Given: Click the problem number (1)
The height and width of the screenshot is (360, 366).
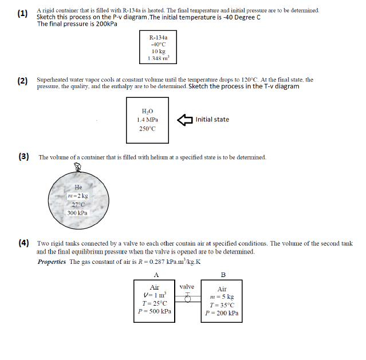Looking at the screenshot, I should click(22, 14).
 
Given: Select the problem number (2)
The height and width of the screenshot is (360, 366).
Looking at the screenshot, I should click(22, 81).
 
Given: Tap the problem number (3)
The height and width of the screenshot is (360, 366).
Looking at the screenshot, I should click(24, 157).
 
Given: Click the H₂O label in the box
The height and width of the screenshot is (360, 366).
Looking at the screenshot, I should click(148, 111).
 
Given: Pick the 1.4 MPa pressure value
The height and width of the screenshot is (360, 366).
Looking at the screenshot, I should click(148, 120).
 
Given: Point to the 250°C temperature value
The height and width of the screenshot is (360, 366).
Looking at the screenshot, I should click(148, 129).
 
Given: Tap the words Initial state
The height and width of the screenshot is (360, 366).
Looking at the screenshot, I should click(212, 120).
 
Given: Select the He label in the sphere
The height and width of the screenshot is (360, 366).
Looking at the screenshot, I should click(78, 187).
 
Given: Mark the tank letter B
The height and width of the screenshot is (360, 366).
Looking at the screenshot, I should click(223, 274).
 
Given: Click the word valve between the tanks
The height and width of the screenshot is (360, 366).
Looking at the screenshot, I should click(187, 287).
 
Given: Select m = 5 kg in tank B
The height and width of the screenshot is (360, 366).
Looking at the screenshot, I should click(222, 297).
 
